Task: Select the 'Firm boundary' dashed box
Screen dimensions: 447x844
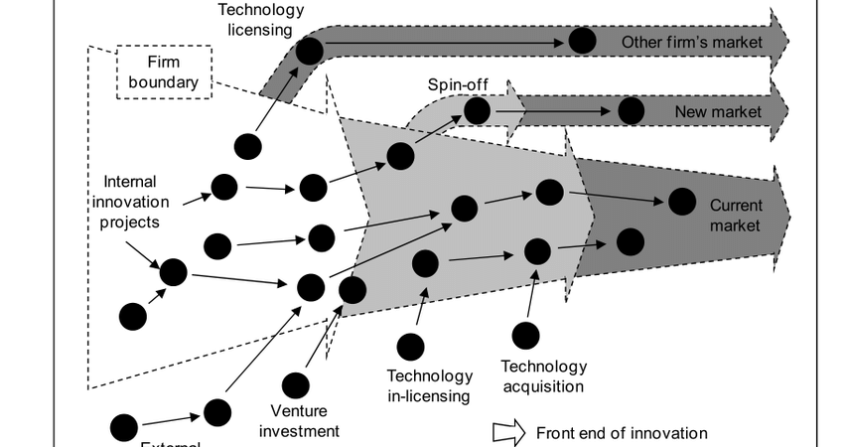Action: (163, 72)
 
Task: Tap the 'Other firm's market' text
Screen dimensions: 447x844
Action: (692, 42)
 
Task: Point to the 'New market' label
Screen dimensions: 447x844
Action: (718, 111)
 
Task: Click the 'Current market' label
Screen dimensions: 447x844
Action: (735, 216)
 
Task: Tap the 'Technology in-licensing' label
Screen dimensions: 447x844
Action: (429, 386)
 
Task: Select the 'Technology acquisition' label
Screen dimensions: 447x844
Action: (543, 376)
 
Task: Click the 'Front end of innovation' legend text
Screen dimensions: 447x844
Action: (622, 433)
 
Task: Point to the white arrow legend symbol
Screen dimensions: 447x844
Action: (509, 433)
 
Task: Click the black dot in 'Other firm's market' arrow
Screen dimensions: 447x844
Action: (582, 41)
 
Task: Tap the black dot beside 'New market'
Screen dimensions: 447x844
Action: (631, 110)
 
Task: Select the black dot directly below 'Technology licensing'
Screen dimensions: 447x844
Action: (310, 51)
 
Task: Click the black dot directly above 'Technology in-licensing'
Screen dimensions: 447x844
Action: (410, 346)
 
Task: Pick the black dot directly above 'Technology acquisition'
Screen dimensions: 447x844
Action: (525, 336)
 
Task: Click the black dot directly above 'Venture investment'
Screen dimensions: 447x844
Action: (295, 385)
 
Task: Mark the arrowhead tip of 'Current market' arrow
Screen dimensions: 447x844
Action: (790, 215)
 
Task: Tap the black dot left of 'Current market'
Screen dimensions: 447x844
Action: (681, 202)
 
